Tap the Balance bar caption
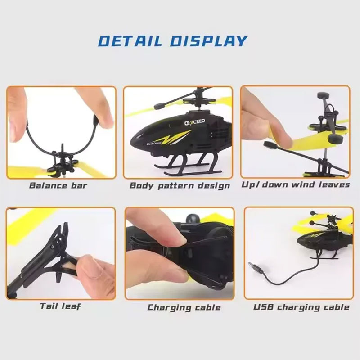point(58,185)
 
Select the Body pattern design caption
point(180,185)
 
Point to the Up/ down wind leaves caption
point(296,185)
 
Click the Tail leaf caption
point(60,306)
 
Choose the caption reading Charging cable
point(184,307)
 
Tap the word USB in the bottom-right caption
point(263,307)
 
